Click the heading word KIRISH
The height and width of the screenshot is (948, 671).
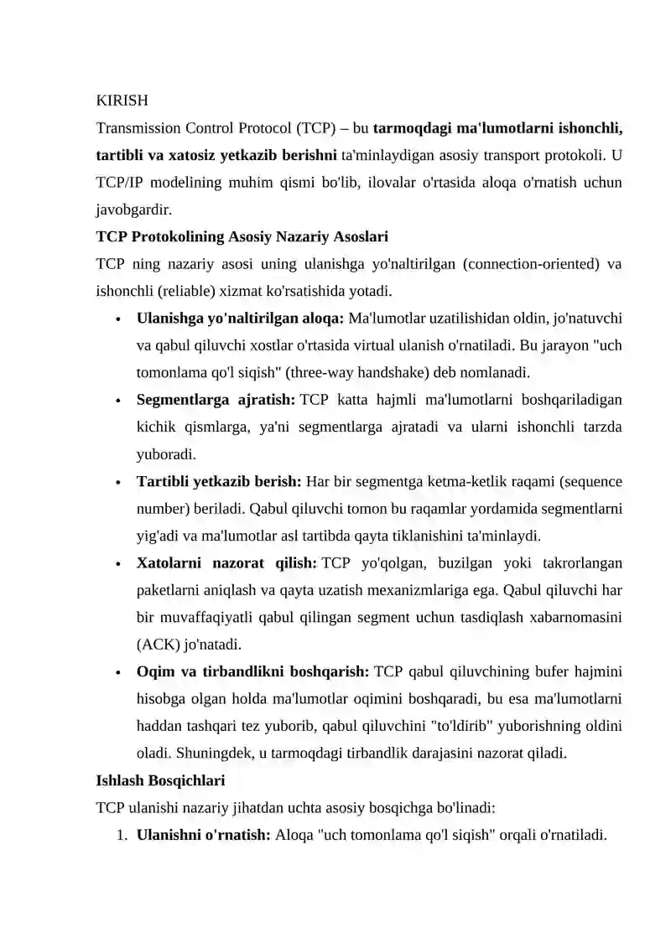pos(122,101)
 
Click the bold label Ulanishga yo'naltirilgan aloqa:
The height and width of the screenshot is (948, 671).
pos(240,319)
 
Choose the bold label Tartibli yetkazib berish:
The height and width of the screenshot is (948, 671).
pos(219,482)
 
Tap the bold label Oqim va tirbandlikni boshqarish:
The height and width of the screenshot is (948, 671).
pos(252,672)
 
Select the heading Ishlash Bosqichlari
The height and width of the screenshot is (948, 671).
pos(160,781)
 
